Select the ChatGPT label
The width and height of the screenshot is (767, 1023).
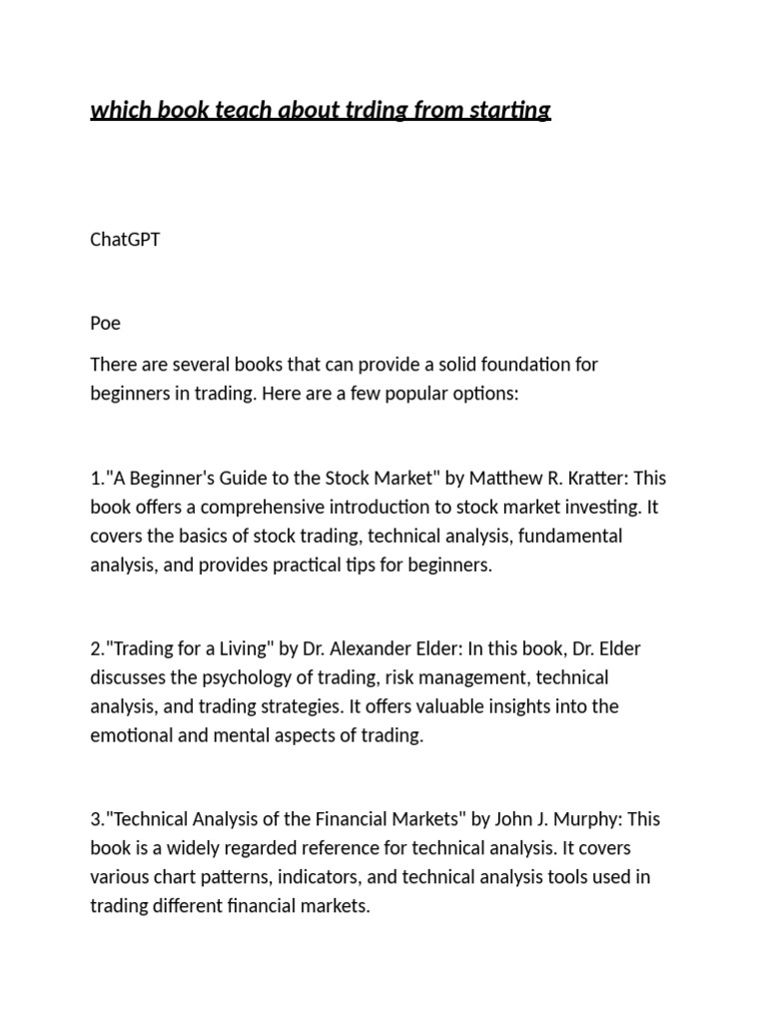[x=125, y=240]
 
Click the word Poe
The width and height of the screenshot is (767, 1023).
[x=105, y=324]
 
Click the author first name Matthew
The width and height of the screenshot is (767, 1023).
[x=504, y=478]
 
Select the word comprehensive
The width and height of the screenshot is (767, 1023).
[x=234, y=507]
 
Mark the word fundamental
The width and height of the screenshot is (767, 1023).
[x=570, y=535]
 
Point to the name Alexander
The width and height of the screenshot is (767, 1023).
[x=381, y=648]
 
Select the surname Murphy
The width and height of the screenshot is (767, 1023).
[x=590, y=819]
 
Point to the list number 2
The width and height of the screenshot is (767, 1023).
[x=95, y=648]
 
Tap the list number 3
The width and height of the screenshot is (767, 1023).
[x=95, y=819]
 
